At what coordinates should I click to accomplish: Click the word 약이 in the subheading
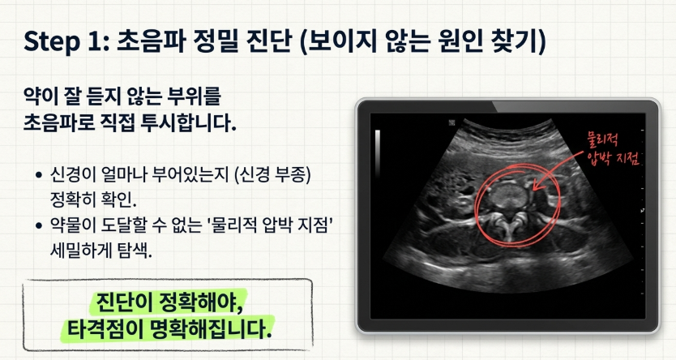point(42,100)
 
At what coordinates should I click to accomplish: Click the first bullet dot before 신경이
point(40,175)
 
